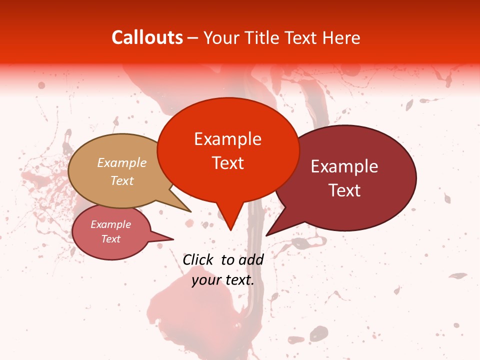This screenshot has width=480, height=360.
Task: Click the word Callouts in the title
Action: [147, 37]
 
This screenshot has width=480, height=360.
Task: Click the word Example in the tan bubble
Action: [122, 163]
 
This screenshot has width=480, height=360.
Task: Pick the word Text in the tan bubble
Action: [122, 180]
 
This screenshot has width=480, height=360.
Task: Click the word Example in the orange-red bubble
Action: [227, 139]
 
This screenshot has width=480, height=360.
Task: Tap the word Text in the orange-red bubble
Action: [227, 163]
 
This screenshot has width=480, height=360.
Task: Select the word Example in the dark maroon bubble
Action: [344, 166]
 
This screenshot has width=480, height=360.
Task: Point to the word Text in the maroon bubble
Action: [344, 190]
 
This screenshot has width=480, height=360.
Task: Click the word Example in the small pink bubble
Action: [111, 224]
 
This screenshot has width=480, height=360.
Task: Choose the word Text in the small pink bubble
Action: [111, 239]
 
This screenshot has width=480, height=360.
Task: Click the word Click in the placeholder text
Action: [198, 259]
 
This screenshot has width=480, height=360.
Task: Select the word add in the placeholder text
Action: [251, 259]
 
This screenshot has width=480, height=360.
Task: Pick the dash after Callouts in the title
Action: [193, 38]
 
